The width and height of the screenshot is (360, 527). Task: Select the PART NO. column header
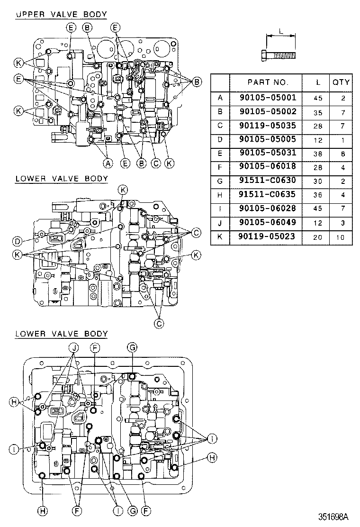click(x=268, y=82)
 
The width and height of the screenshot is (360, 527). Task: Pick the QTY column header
click(x=341, y=82)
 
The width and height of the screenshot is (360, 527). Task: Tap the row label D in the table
click(x=220, y=139)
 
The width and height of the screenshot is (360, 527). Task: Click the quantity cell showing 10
click(x=341, y=236)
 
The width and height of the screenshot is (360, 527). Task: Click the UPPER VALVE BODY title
click(x=61, y=15)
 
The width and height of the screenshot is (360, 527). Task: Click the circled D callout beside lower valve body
click(x=17, y=241)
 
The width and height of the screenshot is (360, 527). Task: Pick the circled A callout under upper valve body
click(x=108, y=164)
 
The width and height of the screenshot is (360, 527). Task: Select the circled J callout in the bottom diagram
click(x=74, y=347)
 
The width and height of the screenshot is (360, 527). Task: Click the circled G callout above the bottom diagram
click(x=132, y=347)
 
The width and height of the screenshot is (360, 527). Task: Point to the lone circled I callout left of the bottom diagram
click(x=15, y=449)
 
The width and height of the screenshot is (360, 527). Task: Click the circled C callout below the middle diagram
click(x=159, y=323)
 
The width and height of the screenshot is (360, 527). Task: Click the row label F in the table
click(x=220, y=167)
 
